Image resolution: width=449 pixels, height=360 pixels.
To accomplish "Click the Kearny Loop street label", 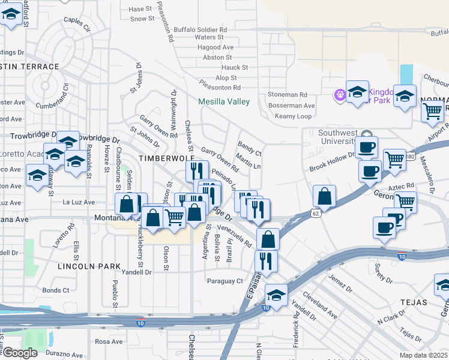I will point(294,116).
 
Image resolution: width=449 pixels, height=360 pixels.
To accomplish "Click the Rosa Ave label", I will point(109,341).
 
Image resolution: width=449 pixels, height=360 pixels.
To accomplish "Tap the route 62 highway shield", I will point(316,213).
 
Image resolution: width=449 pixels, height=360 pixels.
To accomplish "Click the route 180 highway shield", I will point(410,157).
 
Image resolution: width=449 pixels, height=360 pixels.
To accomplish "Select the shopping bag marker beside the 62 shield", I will point(324,196).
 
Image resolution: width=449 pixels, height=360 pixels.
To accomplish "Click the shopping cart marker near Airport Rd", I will point(432,111).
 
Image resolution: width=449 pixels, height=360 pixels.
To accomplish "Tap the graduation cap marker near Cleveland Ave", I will point(276,295).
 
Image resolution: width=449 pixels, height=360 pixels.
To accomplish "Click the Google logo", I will point(19,353).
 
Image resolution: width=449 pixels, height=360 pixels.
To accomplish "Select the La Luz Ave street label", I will point(79,202).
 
